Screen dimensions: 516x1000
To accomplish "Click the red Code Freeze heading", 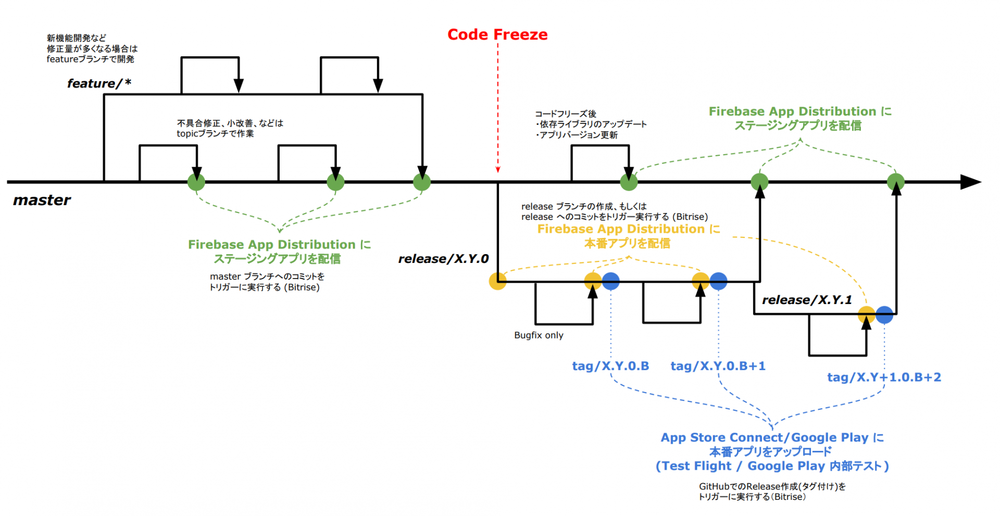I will click(x=497, y=34).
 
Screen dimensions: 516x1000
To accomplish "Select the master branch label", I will click(x=42, y=200).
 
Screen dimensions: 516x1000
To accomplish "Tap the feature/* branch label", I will click(x=99, y=83).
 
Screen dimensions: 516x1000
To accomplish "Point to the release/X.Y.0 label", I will click(x=443, y=259).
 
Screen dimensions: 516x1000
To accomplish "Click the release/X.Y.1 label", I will click(x=807, y=300).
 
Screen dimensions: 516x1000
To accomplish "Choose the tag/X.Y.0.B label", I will click(x=610, y=366).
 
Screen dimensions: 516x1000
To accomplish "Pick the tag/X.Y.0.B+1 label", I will click(x=718, y=366).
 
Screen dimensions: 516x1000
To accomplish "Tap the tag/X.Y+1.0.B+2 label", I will click(x=884, y=377).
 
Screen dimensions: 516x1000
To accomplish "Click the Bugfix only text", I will click(x=539, y=335).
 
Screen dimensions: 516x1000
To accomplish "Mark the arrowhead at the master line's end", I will click(x=971, y=182).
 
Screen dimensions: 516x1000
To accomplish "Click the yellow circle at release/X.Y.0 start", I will click(x=497, y=281).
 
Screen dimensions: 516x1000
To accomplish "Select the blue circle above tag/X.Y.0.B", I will click(x=611, y=281).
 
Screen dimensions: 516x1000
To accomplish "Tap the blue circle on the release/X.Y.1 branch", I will click(x=884, y=314).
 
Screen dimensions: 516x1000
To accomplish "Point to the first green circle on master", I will click(x=196, y=182).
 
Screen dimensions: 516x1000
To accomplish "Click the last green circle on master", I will click(x=896, y=182).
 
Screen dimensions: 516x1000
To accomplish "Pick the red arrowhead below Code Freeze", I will click(x=498, y=169).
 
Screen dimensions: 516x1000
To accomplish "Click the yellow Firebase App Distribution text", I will click(x=628, y=229).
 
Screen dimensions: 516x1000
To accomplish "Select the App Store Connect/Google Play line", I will click(x=772, y=437).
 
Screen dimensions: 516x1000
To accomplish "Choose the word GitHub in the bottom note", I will click(x=714, y=486).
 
